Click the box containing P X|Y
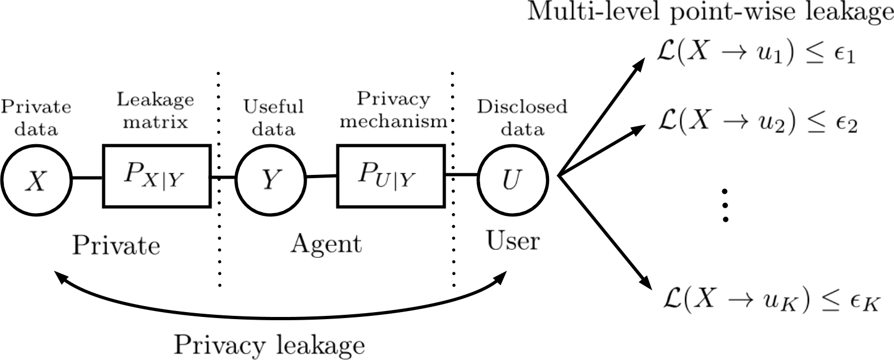[156, 176]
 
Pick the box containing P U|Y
[391, 176]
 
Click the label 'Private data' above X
[36, 117]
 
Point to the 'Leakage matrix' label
[155, 110]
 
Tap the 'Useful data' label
[273, 117]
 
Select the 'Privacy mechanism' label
[393, 110]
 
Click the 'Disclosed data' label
[522, 117]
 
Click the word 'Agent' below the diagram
[326, 244]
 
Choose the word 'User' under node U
[512, 241]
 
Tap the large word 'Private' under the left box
[116, 245]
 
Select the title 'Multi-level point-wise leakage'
[709, 12]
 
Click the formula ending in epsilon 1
[756, 53]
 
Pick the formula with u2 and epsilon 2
[757, 123]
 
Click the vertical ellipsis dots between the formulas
[726, 205]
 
